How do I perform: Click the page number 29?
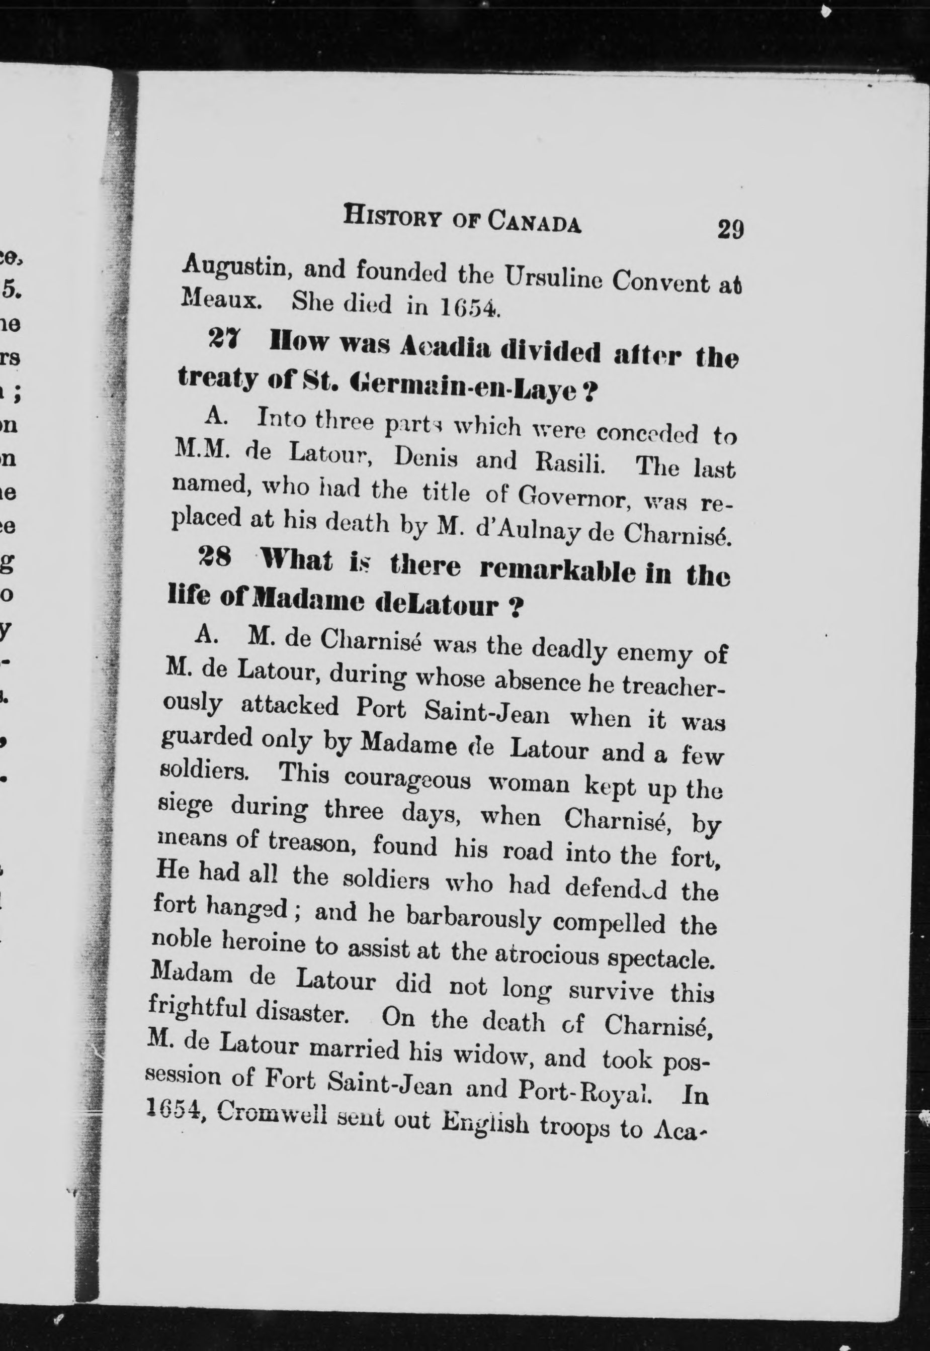pos(731,229)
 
